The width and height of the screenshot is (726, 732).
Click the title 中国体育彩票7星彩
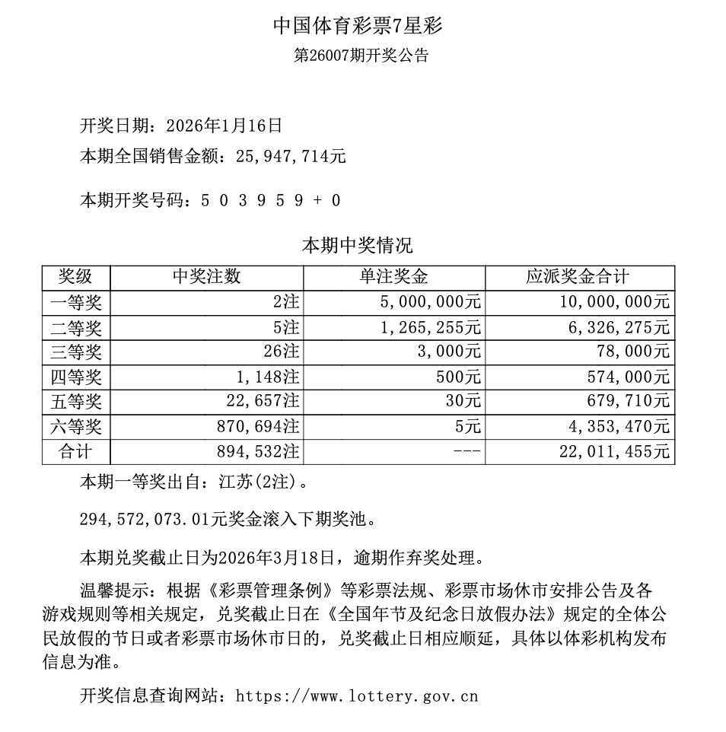pos(358,26)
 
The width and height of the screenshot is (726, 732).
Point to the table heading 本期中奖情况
pos(358,246)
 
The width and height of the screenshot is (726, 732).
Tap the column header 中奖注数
pos(206,277)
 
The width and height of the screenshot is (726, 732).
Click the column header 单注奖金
pos(393,277)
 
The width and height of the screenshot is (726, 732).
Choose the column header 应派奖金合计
pos(579,277)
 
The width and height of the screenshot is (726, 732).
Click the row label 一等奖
pos(75,302)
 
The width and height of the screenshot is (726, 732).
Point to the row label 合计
pos(75,451)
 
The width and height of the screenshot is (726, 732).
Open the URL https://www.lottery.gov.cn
pos(357,695)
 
